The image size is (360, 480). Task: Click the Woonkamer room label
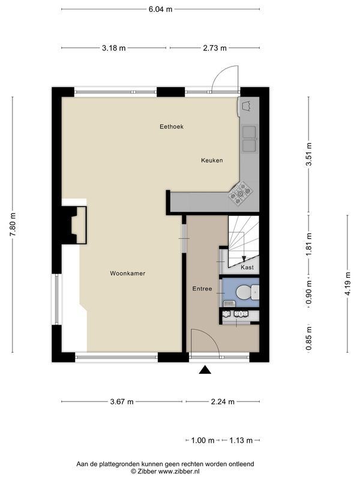pyautogui.click(x=127, y=274)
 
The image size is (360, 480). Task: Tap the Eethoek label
pyautogui.click(x=171, y=127)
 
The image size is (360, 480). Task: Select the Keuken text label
pyautogui.click(x=212, y=160)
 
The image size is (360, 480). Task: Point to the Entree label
pyautogui.click(x=202, y=289)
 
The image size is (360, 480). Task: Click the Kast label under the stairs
pyautogui.click(x=247, y=268)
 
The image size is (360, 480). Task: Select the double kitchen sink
pyautogui.click(x=250, y=139)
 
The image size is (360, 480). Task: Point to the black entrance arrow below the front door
pyautogui.click(x=206, y=370)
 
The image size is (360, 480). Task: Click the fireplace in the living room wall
pyautogui.click(x=76, y=225)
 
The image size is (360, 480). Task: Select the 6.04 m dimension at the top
pyautogui.click(x=160, y=9)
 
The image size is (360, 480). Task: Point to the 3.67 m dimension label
pyautogui.click(x=122, y=402)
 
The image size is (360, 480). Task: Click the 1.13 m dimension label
pyautogui.click(x=241, y=440)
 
